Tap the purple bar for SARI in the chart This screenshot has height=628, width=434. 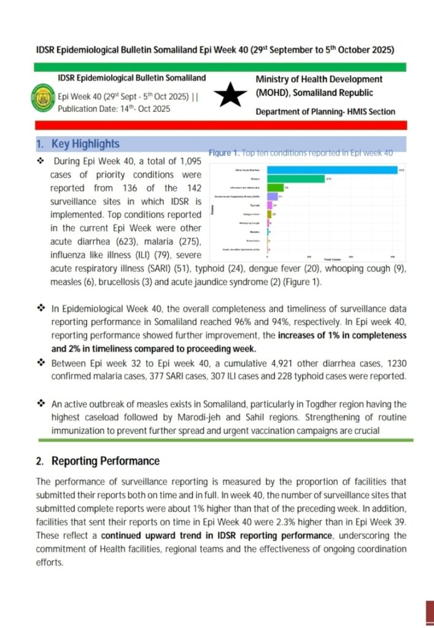click(x=273, y=196)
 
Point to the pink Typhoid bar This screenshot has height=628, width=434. click(x=271, y=205)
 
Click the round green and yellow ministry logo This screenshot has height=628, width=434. click(x=42, y=97)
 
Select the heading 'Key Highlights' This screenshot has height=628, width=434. click(x=85, y=144)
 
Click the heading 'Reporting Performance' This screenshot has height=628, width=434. click(x=105, y=461)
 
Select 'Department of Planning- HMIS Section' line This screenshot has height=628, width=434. click(x=325, y=112)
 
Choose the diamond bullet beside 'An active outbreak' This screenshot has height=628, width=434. click(x=41, y=403)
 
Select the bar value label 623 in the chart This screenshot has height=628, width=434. click(x=401, y=170)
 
